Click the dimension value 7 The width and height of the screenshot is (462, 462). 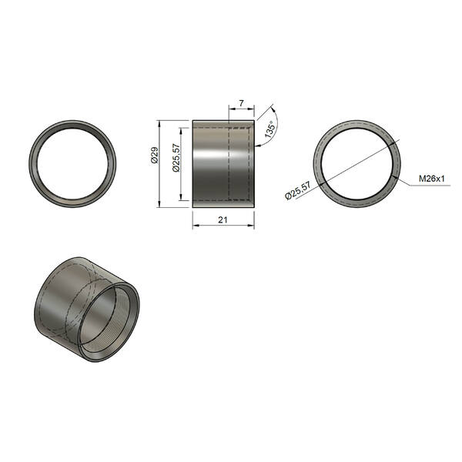[x=241, y=103]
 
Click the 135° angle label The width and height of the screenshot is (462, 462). [x=270, y=129]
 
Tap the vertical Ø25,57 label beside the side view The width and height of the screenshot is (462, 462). [x=176, y=158]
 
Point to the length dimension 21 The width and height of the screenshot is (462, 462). [x=223, y=219]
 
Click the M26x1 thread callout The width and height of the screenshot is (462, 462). [x=432, y=179]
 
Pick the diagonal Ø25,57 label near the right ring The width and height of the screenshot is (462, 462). [x=298, y=191]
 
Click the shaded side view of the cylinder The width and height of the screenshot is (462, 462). [x=223, y=164]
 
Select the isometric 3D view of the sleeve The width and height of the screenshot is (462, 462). [x=87, y=310]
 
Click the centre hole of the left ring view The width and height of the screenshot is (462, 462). [x=72, y=164]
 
